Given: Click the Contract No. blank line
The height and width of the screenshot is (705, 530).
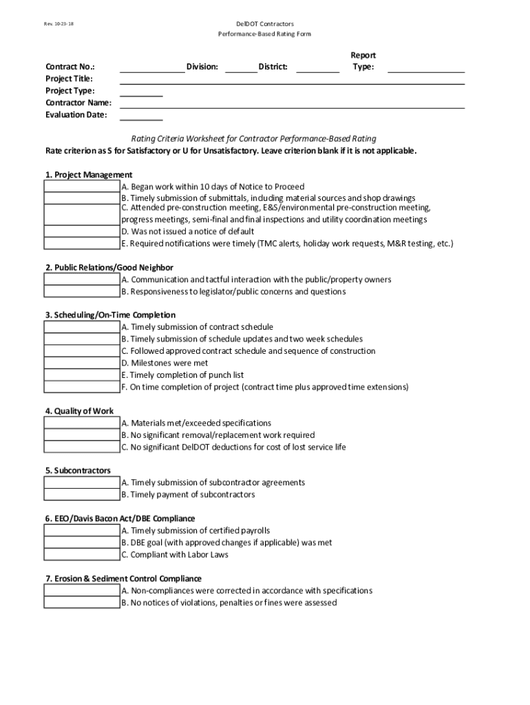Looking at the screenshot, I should [152, 67].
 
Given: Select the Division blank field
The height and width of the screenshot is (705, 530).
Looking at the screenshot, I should [240, 67].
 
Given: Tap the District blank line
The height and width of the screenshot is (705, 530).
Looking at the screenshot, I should [318, 67].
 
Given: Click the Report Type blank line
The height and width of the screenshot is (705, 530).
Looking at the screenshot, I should [426, 67].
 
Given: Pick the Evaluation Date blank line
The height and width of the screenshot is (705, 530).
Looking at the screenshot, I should [141, 116].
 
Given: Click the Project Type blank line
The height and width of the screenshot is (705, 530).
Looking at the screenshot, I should [141, 92].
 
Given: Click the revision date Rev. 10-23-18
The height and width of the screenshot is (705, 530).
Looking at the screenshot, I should [59, 23].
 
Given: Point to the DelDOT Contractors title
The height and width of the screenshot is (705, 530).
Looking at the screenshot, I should [265, 23].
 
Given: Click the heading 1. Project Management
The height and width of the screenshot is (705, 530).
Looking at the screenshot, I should [89, 175].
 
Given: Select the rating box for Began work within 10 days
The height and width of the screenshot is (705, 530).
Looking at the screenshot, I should [82, 187].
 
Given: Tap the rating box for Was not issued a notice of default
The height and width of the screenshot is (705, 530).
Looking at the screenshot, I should [82, 231].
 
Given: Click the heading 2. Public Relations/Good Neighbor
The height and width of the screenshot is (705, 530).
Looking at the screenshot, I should [109, 267].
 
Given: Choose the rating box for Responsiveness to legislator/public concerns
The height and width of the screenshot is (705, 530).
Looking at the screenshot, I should [82, 292].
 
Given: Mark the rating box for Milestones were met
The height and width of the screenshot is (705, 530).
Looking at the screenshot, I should [82, 363].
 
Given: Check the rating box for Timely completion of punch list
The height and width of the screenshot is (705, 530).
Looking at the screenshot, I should [82, 375].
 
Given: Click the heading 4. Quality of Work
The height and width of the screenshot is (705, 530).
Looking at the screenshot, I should [80, 411].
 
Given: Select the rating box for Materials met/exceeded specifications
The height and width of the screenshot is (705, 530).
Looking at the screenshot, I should [82, 423].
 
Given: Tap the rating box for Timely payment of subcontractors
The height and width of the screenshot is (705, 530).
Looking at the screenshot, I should [82, 494].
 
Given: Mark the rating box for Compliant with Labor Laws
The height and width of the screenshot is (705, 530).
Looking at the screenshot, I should [82, 555].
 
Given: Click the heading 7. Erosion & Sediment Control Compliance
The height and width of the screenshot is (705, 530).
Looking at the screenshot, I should [123, 579].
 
